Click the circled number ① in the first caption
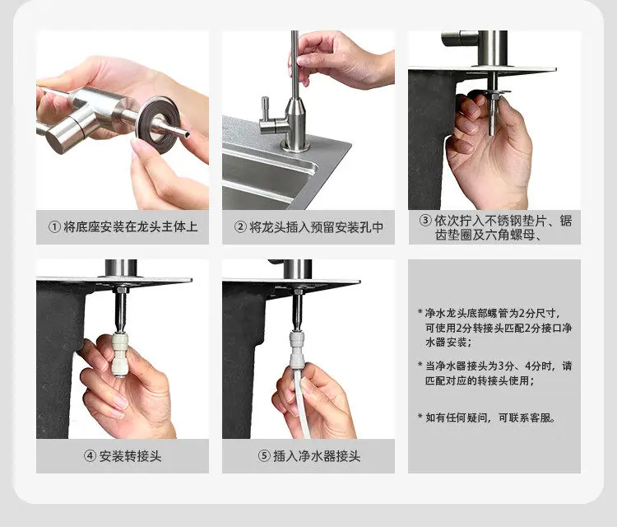click(54, 227)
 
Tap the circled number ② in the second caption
click(240, 227)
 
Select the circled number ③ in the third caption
click(425, 220)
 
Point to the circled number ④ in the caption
click(90, 456)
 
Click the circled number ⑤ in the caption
click(264, 456)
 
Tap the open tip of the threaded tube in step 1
click(187, 135)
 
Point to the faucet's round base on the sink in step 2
click(295, 147)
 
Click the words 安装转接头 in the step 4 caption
click(130, 456)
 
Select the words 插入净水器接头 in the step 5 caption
click(317, 456)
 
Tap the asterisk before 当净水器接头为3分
click(420, 364)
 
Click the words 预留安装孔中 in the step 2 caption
click(347, 227)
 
